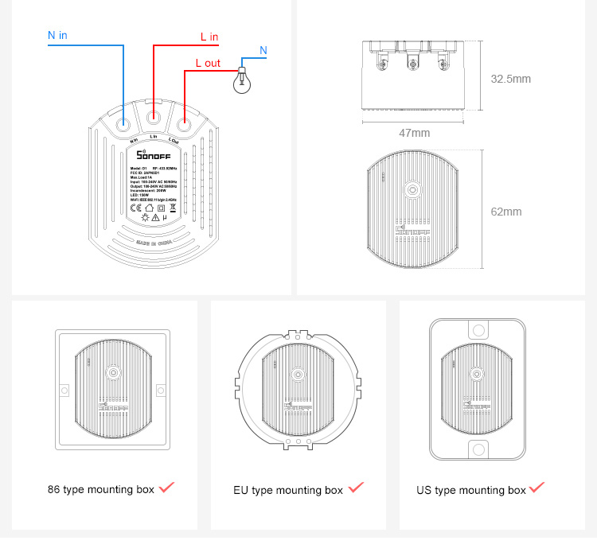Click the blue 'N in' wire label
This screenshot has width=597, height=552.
[x=57, y=35]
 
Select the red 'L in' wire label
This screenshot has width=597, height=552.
[x=209, y=37]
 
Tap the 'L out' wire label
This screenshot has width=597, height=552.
[x=208, y=63]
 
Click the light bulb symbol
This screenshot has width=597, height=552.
[x=240, y=80]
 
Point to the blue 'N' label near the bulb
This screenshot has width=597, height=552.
[x=263, y=50]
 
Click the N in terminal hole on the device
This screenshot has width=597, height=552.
[x=124, y=125]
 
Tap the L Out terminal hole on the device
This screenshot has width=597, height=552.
[x=184, y=125]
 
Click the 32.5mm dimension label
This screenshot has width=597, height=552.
[x=510, y=79]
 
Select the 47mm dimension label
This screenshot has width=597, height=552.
[x=414, y=133]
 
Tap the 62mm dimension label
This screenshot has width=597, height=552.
[x=506, y=212]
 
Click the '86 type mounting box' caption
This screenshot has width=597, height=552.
[x=101, y=489]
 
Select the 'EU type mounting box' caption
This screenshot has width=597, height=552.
[x=288, y=490]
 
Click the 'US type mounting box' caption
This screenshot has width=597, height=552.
[x=471, y=490]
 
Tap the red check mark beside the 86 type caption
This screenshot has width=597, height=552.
[x=166, y=487]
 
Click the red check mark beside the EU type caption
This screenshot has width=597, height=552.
[x=356, y=487]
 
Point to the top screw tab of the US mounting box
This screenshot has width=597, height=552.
[x=478, y=330]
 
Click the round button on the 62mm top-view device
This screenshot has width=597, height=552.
[x=413, y=190]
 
